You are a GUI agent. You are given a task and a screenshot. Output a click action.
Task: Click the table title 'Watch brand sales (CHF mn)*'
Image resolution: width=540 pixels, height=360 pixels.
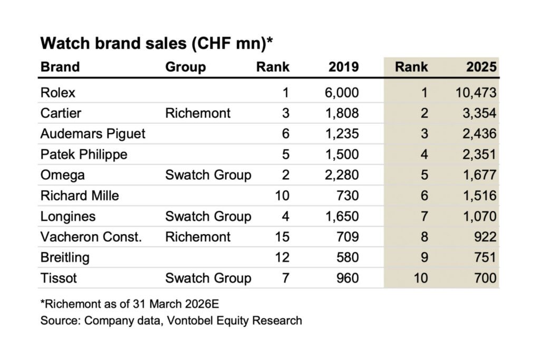click(157, 43)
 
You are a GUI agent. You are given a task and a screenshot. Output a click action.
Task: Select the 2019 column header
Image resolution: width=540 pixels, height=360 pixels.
click(343, 67)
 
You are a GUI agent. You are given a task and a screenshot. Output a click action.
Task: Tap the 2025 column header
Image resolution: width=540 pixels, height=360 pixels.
click(481, 67)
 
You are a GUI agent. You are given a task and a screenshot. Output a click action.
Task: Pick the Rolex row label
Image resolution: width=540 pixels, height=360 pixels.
click(58, 93)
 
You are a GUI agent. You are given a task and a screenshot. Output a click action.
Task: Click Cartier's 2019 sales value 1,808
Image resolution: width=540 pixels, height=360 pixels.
click(343, 113)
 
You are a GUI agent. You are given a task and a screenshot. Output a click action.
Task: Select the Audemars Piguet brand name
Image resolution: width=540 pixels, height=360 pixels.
click(93, 134)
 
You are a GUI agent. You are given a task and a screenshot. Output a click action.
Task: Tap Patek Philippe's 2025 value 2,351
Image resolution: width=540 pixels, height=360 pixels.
click(479, 154)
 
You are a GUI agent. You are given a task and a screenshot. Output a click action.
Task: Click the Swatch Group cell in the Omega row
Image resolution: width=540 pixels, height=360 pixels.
click(208, 175)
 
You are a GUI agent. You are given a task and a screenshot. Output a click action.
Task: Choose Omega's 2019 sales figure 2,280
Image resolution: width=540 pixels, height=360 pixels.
click(343, 175)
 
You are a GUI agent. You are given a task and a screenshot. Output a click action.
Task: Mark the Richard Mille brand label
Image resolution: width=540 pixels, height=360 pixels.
click(80, 196)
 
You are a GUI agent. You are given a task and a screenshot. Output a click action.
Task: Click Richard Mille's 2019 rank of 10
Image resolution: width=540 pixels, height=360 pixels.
click(282, 196)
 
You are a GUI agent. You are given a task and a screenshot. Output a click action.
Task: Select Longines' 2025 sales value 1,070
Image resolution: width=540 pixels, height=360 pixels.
click(479, 216)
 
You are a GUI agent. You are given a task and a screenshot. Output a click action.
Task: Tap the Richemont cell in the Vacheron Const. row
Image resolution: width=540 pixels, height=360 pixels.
click(198, 237)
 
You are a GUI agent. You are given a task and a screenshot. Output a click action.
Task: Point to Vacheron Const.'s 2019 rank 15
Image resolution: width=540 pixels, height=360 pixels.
click(282, 237)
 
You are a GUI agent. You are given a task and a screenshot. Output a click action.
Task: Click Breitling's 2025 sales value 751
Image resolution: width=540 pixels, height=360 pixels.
click(485, 257)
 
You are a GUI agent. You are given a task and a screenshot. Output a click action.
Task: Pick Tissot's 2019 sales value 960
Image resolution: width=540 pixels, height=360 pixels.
click(348, 278)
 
